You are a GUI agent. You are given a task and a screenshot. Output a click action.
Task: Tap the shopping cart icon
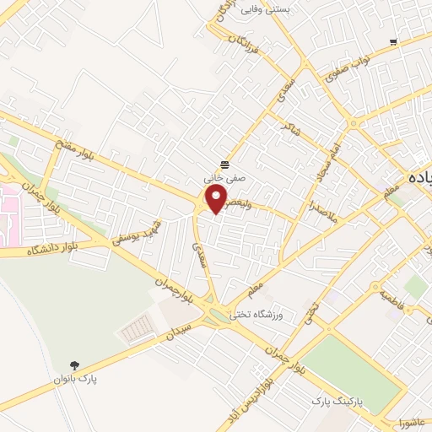tap(394, 42)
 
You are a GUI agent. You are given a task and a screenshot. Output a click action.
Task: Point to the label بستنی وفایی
tap(266, 10)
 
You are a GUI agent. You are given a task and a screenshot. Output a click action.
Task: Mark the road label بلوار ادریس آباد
tap(257, 390)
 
